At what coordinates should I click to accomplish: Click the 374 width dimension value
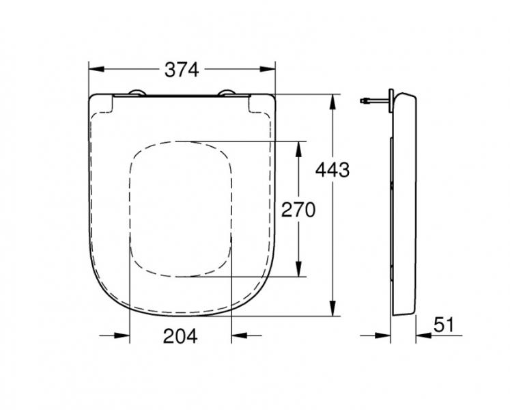tap(181, 69)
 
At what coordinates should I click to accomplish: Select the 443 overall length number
tap(332, 169)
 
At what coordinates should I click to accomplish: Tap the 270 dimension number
tap(298, 210)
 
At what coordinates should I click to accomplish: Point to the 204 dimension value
tap(180, 336)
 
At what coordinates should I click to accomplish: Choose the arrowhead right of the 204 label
tap(238, 336)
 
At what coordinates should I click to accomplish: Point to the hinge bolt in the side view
tap(371, 101)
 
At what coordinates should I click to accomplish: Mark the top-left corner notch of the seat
tap(103, 103)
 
